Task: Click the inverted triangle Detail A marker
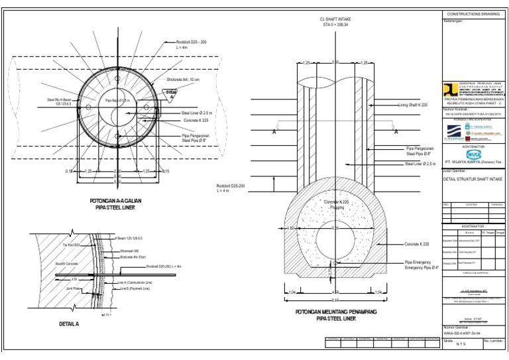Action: point(171,93)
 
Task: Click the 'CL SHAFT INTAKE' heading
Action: point(335,20)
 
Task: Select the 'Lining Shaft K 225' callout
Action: point(416,105)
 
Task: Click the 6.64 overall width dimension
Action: point(336,299)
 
